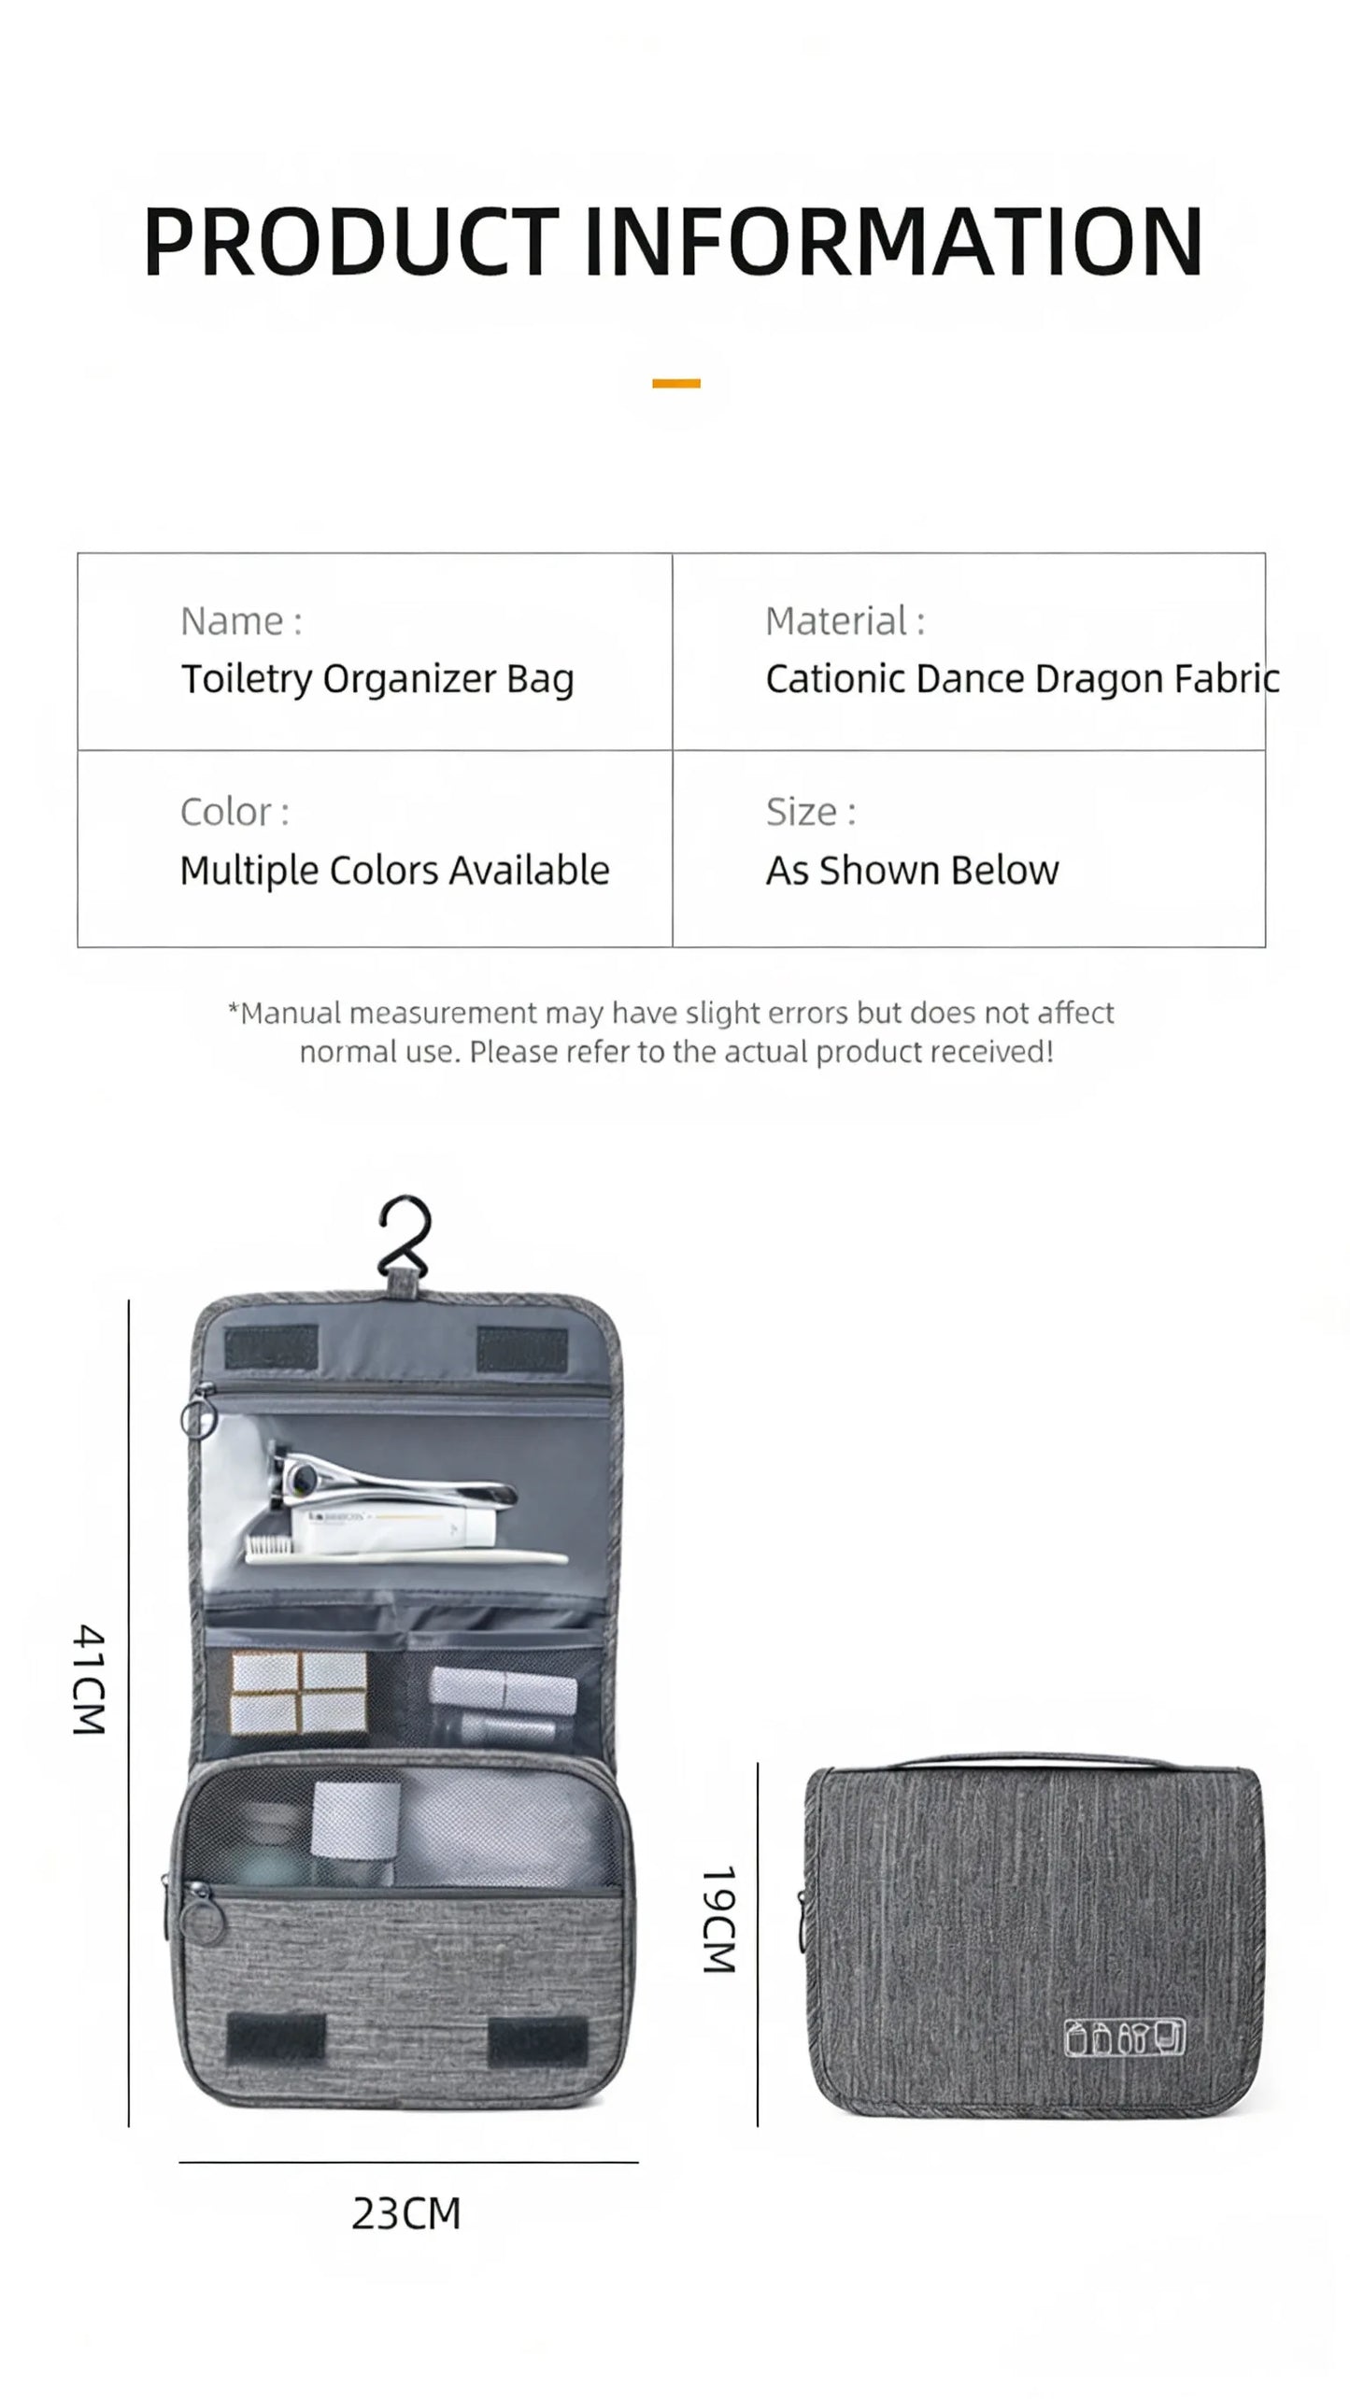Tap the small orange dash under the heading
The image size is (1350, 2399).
tap(676, 383)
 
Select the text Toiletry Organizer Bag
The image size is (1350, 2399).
tap(377, 679)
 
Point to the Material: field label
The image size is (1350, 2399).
tap(846, 621)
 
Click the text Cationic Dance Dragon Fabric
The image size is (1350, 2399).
tap(1023, 679)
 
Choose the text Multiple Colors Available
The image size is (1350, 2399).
tap(394, 871)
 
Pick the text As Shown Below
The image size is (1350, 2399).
tap(913, 871)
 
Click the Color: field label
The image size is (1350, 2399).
tap(234, 813)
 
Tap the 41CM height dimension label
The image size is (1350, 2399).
tap(90, 1680)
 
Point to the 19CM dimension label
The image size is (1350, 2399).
tap(719, 1920)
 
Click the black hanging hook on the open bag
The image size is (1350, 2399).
tap(405, 1236)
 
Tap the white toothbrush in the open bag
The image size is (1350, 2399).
tap(406, 1554)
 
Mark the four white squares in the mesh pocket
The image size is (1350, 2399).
tap(299, 1693)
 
